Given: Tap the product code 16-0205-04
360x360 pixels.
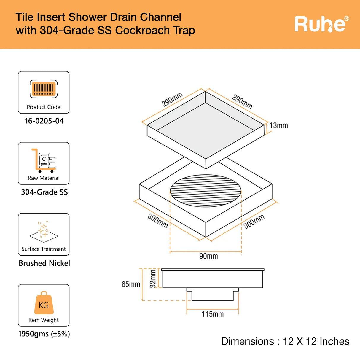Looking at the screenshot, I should click(x=44, y=121).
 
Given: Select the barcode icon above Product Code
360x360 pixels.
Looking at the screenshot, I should click(x=44, y=89).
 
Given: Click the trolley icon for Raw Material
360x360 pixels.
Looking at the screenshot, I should click(x=44, y=160).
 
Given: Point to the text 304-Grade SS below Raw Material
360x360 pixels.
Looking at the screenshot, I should click(x=44, y=192).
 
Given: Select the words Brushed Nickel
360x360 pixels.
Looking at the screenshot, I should click(x=44, y=263).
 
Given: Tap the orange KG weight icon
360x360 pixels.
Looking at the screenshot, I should click(x=44, y=303).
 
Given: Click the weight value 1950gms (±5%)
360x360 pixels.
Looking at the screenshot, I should click(x=44, y=334).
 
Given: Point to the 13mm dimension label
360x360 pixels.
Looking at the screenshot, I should click(x=278, y=125).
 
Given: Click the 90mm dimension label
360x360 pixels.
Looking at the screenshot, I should click(x=208, y=256).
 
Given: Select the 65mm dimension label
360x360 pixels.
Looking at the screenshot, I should click(x=131, y=284).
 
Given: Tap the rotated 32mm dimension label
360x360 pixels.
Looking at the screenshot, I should click(x=153, y=278).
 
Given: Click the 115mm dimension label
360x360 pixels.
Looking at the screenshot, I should click(x=213, y=314).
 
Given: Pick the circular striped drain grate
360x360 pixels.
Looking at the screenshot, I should click(x=206, y=190).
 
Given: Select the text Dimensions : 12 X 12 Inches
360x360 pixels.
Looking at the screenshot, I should click(x=285, y=341).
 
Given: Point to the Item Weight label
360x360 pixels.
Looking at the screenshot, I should click(x=44, y=320).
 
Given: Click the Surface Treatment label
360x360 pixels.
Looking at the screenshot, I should click(x=44, y=249).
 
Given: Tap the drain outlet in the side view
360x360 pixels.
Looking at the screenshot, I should click(x=213, y=294).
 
